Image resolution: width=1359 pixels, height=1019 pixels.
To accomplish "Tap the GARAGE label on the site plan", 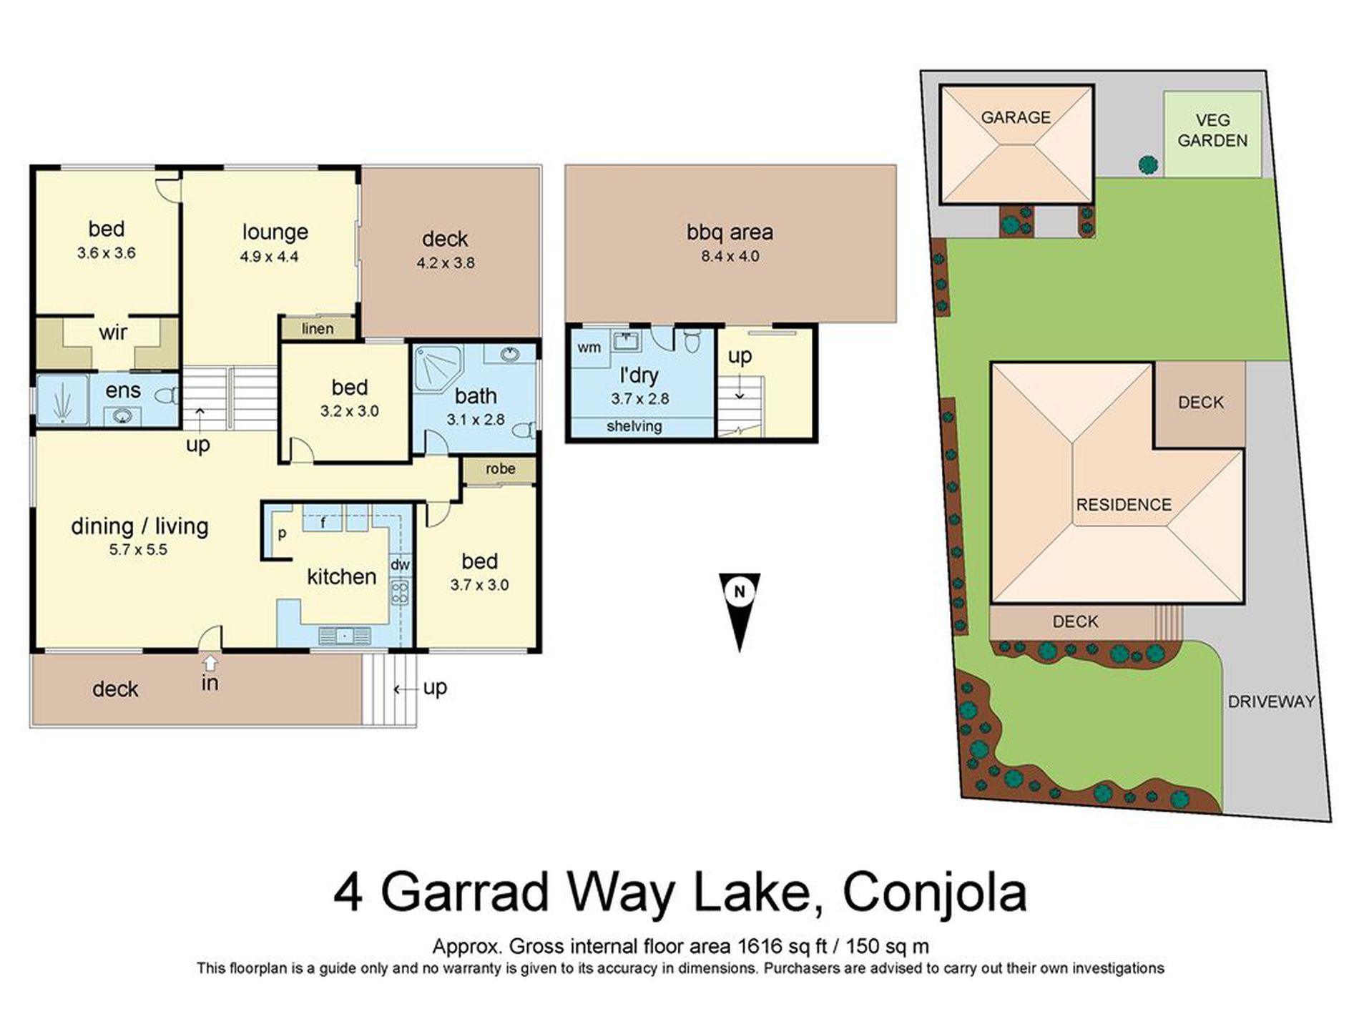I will [x=1015, y=117].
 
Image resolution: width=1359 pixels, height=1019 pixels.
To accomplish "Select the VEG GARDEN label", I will [x=1212, y=131].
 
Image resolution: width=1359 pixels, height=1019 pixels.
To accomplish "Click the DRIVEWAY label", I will [x=1271, y=702].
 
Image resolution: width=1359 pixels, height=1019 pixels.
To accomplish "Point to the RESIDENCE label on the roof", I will [x=1124, y=505].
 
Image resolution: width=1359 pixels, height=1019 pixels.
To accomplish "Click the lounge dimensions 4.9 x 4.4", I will [x=269, y=256].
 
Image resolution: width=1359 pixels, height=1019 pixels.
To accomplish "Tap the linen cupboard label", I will [x=318, y=328].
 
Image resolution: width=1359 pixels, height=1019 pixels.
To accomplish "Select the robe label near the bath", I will [x=500, y=469].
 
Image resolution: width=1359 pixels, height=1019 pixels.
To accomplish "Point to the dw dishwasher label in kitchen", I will [x=400, y=565].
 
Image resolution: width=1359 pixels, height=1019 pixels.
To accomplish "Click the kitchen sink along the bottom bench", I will [x=344, y=635].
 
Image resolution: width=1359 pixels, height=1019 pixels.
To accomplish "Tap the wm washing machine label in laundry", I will [x=589, y=348].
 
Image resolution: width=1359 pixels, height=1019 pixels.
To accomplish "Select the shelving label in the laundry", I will [x=634, y=427].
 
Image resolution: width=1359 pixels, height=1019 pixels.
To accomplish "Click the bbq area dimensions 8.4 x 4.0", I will [x=730, y=256].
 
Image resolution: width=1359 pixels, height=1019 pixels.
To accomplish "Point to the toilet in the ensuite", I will [x=167, y=395].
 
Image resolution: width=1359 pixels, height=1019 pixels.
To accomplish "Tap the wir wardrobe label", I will [x=113, y=333].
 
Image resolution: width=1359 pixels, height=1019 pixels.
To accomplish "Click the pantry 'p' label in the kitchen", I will [x=282, y=533].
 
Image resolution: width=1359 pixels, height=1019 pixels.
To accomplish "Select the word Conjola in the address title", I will [x=934, y=892].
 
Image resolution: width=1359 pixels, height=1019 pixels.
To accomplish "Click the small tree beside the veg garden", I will [x=1148, y=165].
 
